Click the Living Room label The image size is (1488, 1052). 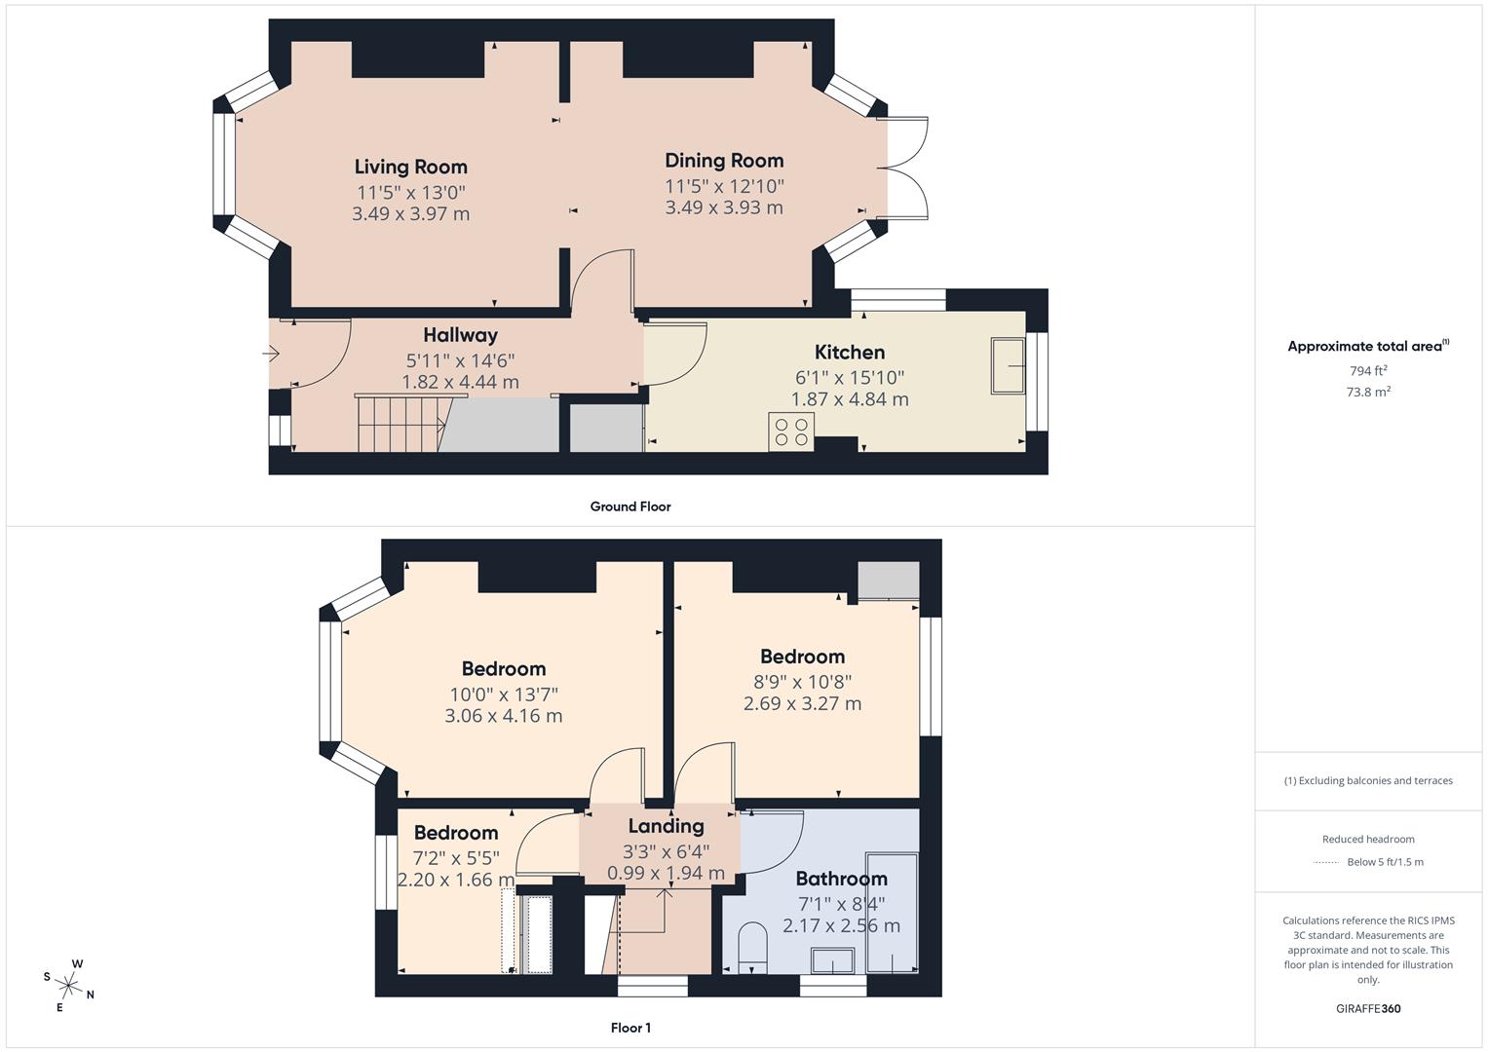[x=410, y=167]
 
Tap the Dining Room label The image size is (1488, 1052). [x=724, y=161]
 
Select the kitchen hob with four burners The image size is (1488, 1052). [x=791, y=432]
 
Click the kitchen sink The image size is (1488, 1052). [x=1008, y=366]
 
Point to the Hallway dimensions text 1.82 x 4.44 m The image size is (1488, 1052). [x=460, y=382]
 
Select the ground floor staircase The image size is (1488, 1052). [x=398, y=424]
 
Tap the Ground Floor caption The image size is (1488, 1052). [x=630, y=507]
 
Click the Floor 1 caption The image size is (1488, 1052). [x=630, y=1028]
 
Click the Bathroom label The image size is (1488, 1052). [x=841, y=879]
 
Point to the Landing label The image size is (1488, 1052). [x=666, y=826]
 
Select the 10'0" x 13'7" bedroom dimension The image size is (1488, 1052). [x=503, y=695]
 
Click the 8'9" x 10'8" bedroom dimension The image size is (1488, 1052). [x=802, y=682]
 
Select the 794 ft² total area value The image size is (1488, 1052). [x=1368, y=371]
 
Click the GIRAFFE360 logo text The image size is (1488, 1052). [x=1368, y=1009]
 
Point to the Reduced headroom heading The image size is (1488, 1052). [x=1368, y=840]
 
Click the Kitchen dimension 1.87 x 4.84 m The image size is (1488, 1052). [x=850, y=399]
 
